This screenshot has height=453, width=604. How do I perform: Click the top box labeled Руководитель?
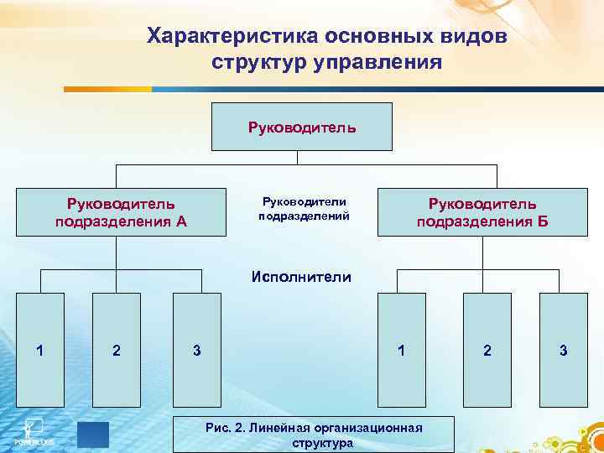[x=301, y=128]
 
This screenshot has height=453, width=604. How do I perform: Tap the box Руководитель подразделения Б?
[x=482, y=212]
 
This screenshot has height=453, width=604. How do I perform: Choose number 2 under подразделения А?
[x=116, y=350]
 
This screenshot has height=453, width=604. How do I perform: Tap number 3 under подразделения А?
[x=196, y=350]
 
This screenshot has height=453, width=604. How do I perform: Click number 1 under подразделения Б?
[x=402, y=350]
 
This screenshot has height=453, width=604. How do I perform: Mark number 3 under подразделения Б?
[x=563, y=350]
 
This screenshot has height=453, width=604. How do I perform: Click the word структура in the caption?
[x=322, y=443]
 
